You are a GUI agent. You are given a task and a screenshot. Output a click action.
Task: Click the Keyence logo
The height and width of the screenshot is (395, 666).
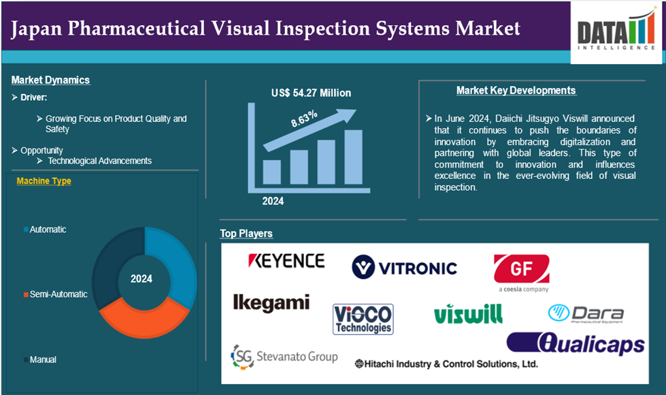click(x=286, y=261)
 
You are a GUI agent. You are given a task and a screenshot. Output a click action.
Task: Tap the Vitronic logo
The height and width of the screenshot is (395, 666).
click(x=404, y=267)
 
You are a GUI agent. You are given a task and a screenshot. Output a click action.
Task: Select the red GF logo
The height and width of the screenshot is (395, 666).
click(x=522, y=273)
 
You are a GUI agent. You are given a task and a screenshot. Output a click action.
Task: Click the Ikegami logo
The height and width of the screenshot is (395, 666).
click(x=271, y=303)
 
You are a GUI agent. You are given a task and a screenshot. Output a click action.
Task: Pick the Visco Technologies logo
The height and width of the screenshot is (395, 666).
click(x=363, y=319)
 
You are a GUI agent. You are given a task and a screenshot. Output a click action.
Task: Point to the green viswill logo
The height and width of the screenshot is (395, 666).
click(x=468, y=314)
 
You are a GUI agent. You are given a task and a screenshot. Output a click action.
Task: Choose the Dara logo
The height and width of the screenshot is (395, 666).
click(x=586, y=314)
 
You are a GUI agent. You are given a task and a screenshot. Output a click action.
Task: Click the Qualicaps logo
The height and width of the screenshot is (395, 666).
click(x=576, y=343)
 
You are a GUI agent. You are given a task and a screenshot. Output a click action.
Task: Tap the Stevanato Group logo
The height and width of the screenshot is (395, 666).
click(x=284, y=357)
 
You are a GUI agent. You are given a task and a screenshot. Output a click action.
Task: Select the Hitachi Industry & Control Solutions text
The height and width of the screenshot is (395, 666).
click(x=446, y=364)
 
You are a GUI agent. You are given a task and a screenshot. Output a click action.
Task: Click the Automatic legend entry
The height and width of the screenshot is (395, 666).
click(x=45, y=230)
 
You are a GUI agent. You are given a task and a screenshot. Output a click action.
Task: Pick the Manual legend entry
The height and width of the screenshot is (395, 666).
click(x=40, y=360)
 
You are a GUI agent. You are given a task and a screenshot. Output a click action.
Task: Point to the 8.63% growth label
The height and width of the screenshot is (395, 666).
click(x=304, y=118)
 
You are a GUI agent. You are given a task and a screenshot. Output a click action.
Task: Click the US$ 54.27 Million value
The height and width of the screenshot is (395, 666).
click(x=312, y=93)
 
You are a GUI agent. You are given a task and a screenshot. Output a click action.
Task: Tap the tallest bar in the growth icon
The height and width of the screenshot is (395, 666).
click(x=353, y=157)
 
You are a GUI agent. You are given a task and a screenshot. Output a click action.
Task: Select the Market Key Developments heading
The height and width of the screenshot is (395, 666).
click(x=516, y=91)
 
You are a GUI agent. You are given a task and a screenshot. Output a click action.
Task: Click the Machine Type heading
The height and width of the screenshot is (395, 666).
click(x=44, y=181)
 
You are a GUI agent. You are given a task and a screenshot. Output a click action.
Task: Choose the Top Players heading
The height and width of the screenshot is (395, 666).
click(x=246, y=234)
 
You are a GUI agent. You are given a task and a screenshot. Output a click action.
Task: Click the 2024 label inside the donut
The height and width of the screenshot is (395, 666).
click(x=141, y=279)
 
